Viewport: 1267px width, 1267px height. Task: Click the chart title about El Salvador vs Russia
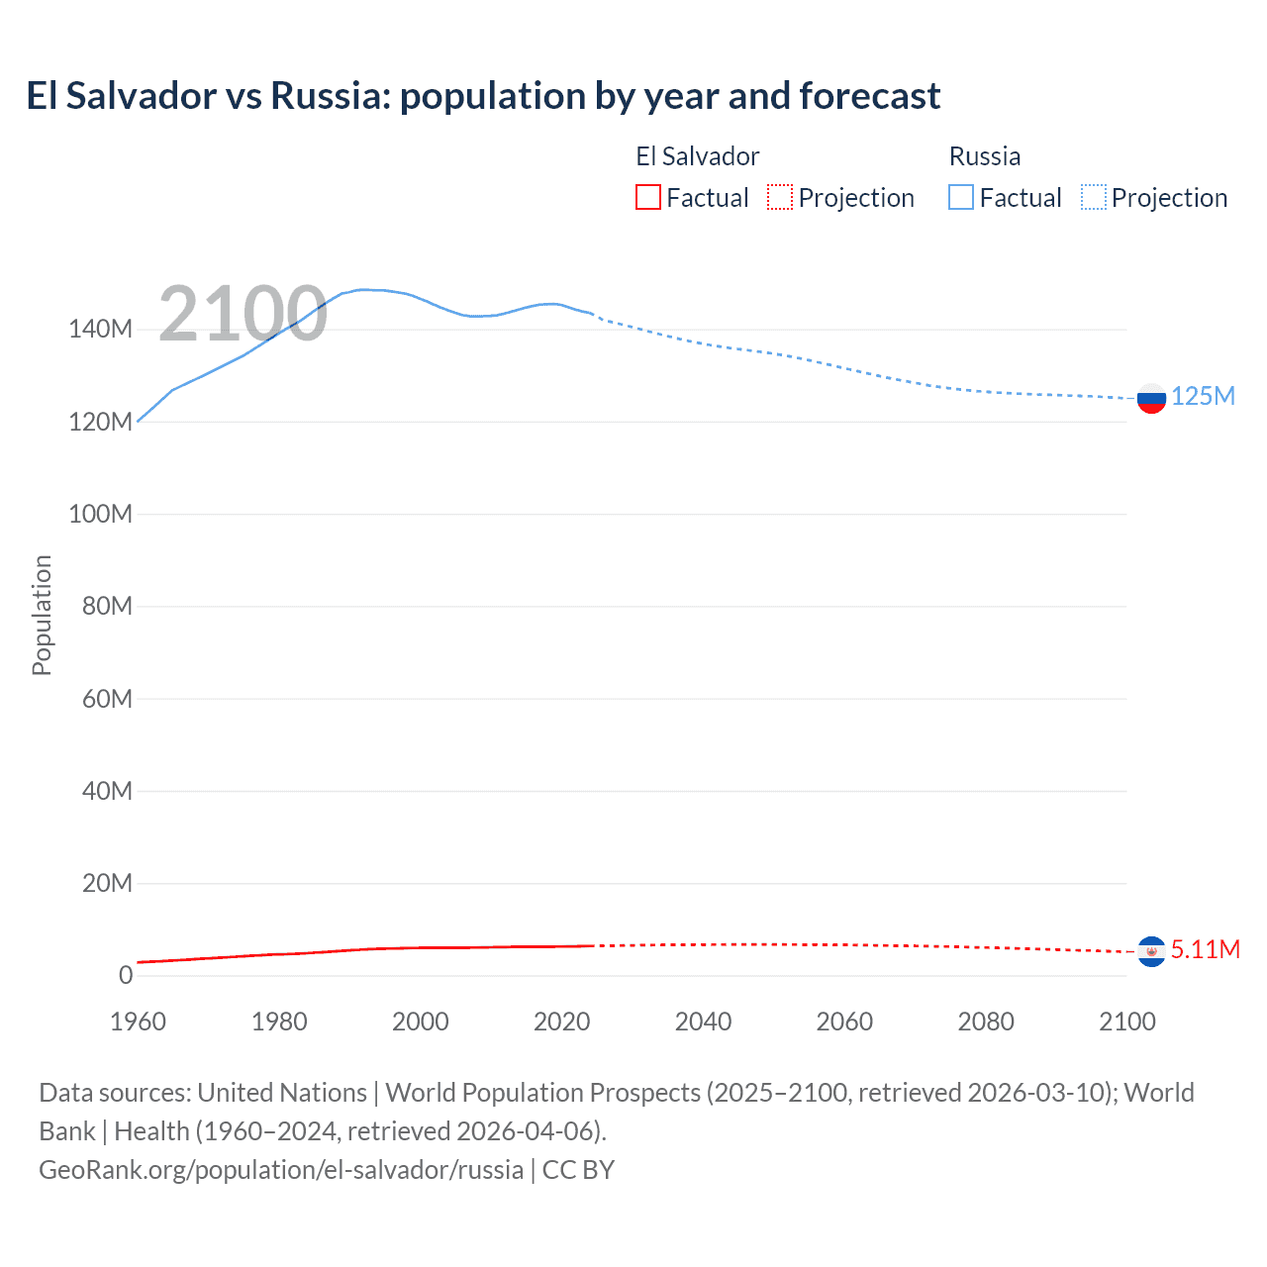[483, 96]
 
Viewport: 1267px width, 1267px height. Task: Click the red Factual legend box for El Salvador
[648, 197]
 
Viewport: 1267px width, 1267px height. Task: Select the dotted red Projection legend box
[780, 197]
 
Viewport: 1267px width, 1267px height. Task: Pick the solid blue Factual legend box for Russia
[961, 197]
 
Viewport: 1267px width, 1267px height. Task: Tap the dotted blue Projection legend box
[1094, 197]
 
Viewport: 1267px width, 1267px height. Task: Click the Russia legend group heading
[984, 156]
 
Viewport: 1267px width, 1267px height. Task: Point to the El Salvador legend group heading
[697, 156]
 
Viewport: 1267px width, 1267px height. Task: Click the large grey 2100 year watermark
[243, 314]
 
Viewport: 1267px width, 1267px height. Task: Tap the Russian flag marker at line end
[1151, 399]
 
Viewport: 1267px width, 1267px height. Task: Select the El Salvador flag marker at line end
[1151, 951]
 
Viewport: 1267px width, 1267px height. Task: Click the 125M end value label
[1203, 397]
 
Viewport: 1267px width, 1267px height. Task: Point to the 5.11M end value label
[1205, 949]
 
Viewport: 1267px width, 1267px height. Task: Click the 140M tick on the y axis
[100, 330]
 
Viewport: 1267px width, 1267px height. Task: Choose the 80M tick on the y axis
[106, 606]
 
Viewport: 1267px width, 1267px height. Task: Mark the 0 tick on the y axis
[125, 975]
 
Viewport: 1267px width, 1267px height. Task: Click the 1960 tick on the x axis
[138, 1022]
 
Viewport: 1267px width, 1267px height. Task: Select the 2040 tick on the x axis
[703, 1022]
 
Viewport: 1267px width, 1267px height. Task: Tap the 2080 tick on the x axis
[986, 1022]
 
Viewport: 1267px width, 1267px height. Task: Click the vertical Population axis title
[42, 615]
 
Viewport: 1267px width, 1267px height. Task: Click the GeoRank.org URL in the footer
[281, 1170]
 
